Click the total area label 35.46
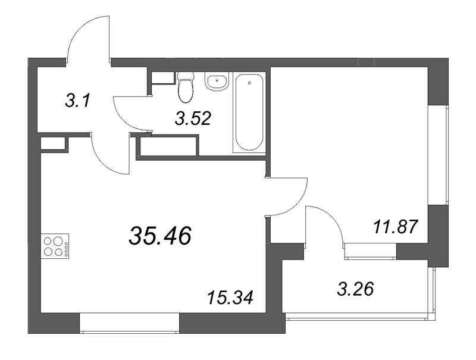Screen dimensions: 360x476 pos(159,236)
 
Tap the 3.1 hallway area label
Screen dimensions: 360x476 pos(77,101)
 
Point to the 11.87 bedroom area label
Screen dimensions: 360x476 pos(393,227)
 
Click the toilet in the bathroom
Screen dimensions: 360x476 pos(186,87)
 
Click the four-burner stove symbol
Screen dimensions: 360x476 pos(55,246)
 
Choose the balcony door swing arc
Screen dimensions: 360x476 pos(327,223)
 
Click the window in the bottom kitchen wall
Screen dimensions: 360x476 pos(130,324)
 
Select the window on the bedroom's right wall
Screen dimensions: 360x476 pos(440,155)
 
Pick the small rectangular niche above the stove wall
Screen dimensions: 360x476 pos(54,143)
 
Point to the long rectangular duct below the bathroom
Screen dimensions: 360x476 pos(168,147)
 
